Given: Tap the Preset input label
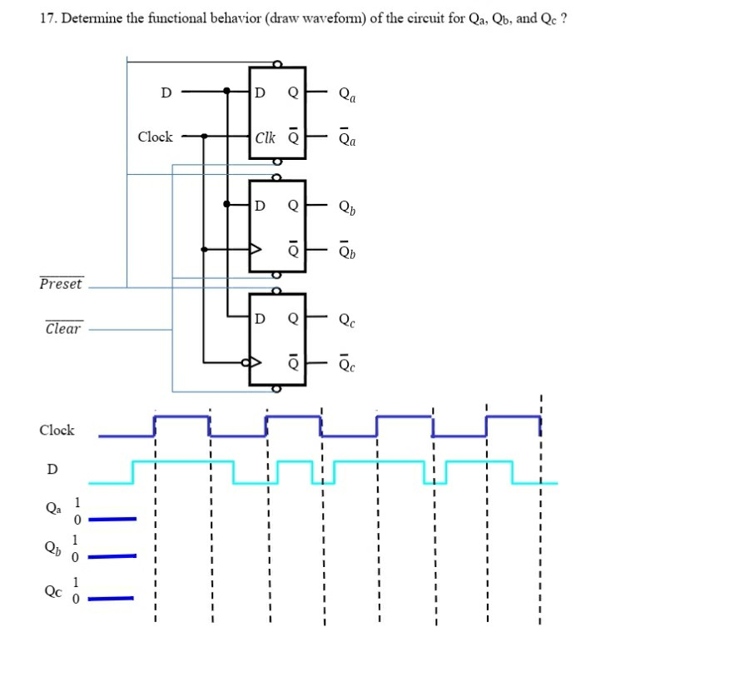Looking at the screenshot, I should [x=62, y=284].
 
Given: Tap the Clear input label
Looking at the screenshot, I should [x=63, y=328].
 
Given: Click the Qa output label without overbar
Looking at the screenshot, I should [x=347, y=94].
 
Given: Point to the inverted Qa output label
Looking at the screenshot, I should [x=347, y=139].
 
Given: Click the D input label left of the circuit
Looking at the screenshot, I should [x=166, y=92].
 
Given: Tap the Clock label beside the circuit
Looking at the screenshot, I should [x=155, y=137].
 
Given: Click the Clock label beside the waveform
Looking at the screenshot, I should [x=57, y=431].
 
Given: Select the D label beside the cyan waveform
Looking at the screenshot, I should [x=52, y=469].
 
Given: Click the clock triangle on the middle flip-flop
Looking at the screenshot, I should [x=256, y=249].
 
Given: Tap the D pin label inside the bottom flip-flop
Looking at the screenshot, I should [x=260, y=318].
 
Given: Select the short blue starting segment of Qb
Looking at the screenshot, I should [x=112, y=555].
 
